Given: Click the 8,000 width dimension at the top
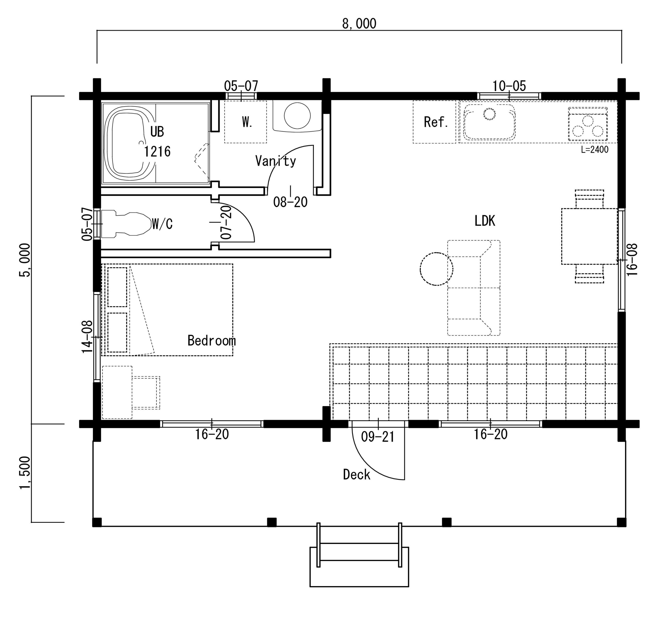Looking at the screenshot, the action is coord(359,23).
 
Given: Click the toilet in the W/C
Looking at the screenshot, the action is coord(126,223).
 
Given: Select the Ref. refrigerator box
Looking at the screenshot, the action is coord(434,122).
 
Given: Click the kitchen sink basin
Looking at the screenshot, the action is coord(490,122).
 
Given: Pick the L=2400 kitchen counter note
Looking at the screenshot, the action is coord(594,150).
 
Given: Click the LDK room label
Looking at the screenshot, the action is coord(485,221).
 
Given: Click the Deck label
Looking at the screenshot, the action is coord(357,474).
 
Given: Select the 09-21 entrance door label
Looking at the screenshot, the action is coord(378,437).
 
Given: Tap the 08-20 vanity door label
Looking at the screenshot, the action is coord(290,202).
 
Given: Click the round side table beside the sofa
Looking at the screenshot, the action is coord(436,269).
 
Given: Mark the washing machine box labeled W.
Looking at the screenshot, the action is coord(245,122).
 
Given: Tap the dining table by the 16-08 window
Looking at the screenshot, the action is coord(589,236).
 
